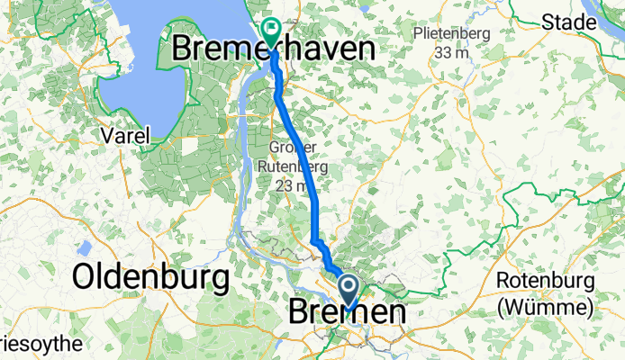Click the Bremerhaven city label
click(273, 49)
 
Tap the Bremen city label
click(347, 313)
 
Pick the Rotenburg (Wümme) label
click(544, 294)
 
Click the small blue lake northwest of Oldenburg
click(86, 247)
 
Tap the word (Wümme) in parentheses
click(544, 308)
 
